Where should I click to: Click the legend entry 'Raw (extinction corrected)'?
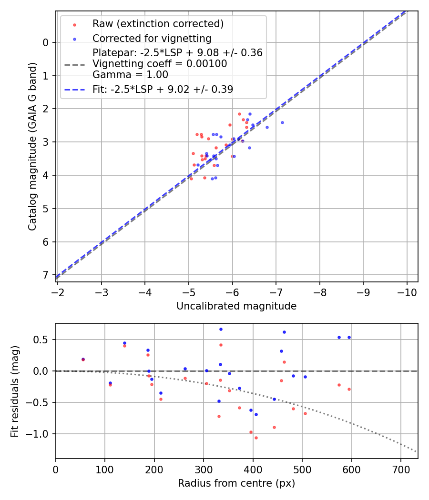point(158,24)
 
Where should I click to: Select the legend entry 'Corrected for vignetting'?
point(152,38)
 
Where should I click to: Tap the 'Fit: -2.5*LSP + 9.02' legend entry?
point(163,90)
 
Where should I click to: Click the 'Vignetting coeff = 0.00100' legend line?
point(160,64)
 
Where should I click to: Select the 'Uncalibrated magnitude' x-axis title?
point(236,306)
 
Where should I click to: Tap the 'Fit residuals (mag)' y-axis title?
point(15,391)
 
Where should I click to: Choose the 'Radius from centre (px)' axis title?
point(236,483)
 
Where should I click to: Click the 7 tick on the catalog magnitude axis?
point(46,275)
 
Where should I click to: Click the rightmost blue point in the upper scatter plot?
point(282,122)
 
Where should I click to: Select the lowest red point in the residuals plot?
point(256,438)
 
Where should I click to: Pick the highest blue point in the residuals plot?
point(221,329)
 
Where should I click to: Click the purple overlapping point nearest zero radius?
point(83,360)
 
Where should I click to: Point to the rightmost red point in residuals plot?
point(349,389)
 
